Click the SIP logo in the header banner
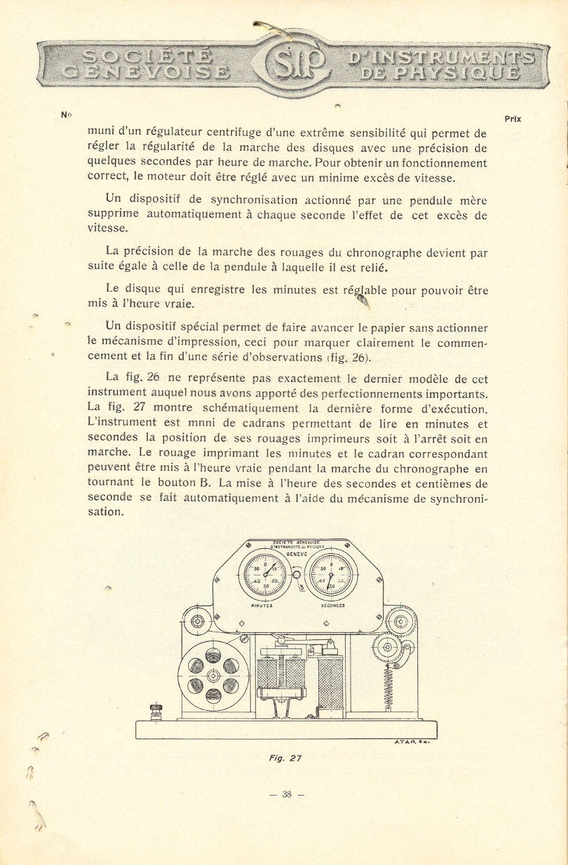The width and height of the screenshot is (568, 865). tap(294, 63)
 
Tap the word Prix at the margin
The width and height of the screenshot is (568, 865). tap(513, 119)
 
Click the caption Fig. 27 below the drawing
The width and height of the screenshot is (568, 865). tap(284, 758)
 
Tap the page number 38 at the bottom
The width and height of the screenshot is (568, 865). tap(287, 794)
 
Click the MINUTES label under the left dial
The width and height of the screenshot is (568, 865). tap(261, 605)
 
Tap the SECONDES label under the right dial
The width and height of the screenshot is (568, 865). tap(332, 605)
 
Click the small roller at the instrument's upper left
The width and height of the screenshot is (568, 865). tap(197, 621)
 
